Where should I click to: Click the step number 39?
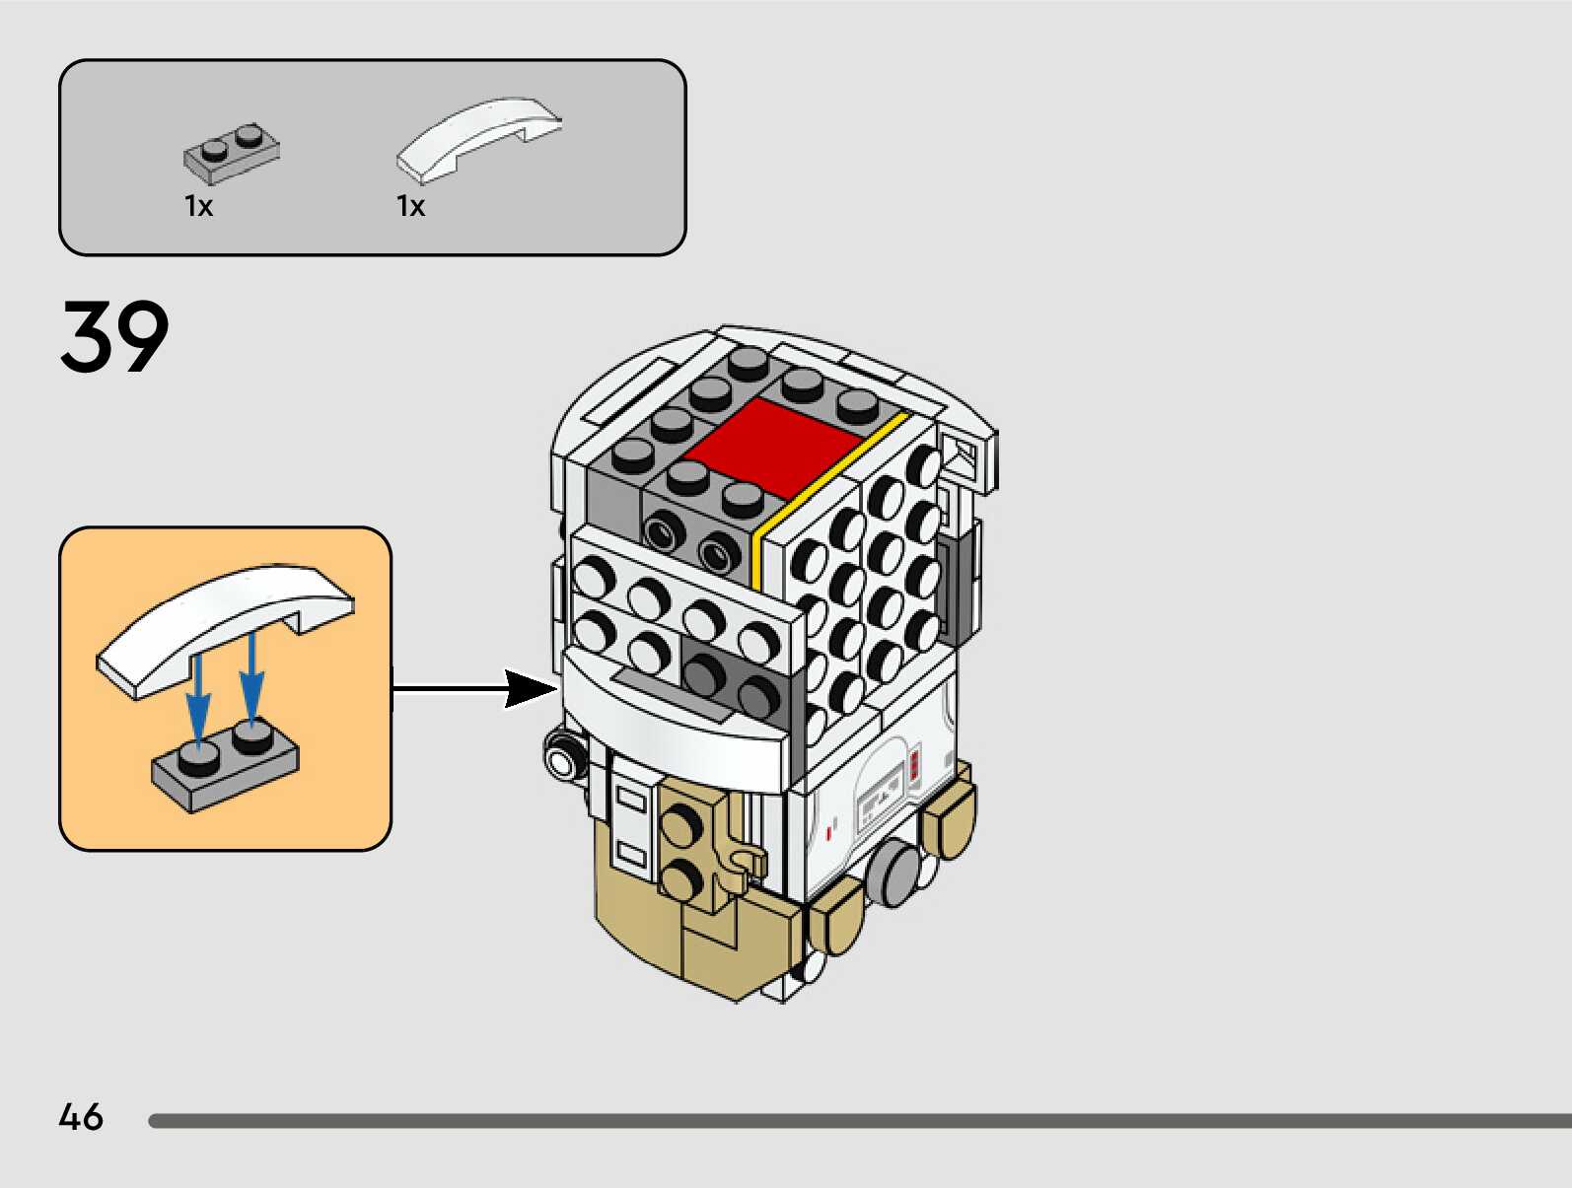point(114,337)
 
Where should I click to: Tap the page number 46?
point(81,1117)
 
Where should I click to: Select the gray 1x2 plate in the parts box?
point(232,154)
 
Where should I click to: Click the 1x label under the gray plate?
point(198,206)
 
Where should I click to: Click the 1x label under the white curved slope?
point(410,206)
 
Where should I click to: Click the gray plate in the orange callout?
point(226,767)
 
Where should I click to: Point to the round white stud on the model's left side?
point(562,760)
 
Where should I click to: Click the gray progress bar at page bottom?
point(858,1121)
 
